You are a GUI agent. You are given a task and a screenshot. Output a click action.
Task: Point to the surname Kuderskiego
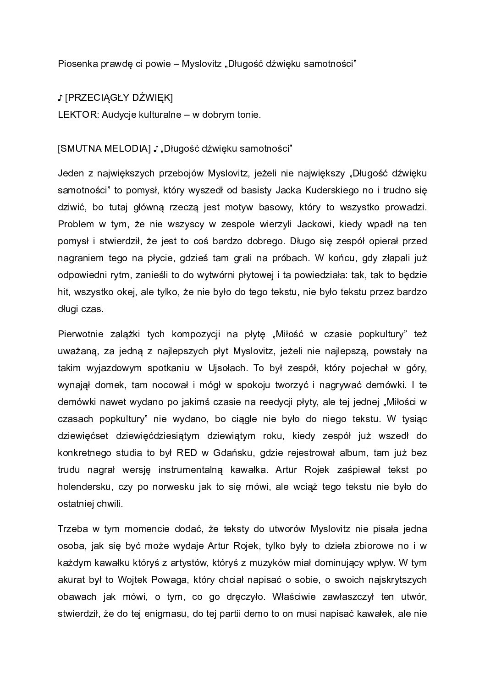pyautogui.click(x=348, y=190)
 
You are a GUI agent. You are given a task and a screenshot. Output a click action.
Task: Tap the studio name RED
pyautogui.click(x=188, y=453)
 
